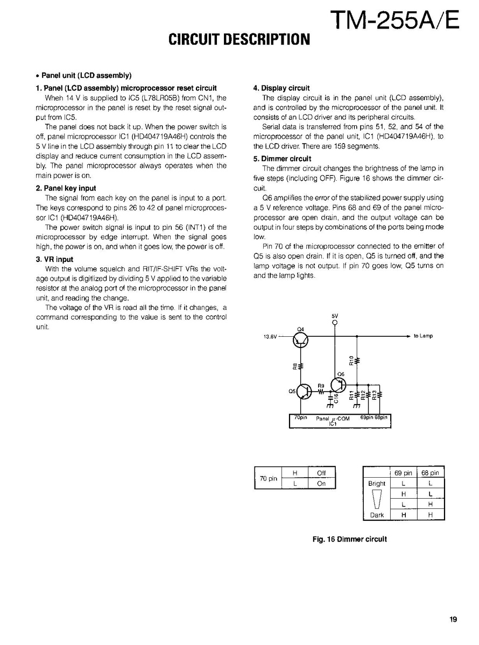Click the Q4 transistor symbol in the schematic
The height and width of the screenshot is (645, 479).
tap(300, 339)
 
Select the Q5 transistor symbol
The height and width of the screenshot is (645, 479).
tap(304, 391)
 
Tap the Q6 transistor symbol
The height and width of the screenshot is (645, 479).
tap(339, 385)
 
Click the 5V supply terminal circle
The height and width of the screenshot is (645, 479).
tap(335, 323)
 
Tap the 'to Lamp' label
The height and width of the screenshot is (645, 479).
tap(423, 336)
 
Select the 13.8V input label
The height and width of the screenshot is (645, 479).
tap(270, 337)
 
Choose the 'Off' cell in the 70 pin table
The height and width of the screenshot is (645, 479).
tap(321, 473)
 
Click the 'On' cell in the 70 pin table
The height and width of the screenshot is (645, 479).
tap(321, 483)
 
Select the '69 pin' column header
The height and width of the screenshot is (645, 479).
tap(403, 473)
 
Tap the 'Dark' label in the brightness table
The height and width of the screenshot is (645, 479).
tap(377, 515)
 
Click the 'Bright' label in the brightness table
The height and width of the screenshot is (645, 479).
tap(377, 483)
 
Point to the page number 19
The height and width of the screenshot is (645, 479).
tap(453, 619)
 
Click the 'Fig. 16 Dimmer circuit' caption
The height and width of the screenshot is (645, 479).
tap(350, 539)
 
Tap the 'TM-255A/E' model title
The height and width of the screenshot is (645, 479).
tap(396, 20)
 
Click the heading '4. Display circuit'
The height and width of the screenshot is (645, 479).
tap(281, 88)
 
